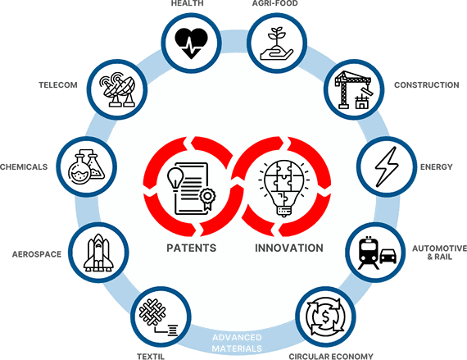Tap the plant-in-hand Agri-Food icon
(x=277, y=44)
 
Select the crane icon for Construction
(x=353, y=89)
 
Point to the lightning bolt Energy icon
(x=387, y=166)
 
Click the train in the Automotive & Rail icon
(x=369, y=253)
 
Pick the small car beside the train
(x=388, y=257)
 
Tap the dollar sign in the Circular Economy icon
(x=325, y=317)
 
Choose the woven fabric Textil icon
(x=158, y=317)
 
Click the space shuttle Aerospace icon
(x=98, y=253)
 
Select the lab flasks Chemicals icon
(x=86, y=166)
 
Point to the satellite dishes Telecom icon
(x=117, y=89)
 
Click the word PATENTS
(x=191, y=248)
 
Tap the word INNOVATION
(x=289, y=248)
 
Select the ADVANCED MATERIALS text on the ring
(x=237, y=343)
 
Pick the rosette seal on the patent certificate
(x=207, y=198)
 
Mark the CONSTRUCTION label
(x=427, y=85)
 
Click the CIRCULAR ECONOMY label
(x=331, y=357)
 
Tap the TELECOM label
(x=58, y=85)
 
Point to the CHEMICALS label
(x=24, y=166)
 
